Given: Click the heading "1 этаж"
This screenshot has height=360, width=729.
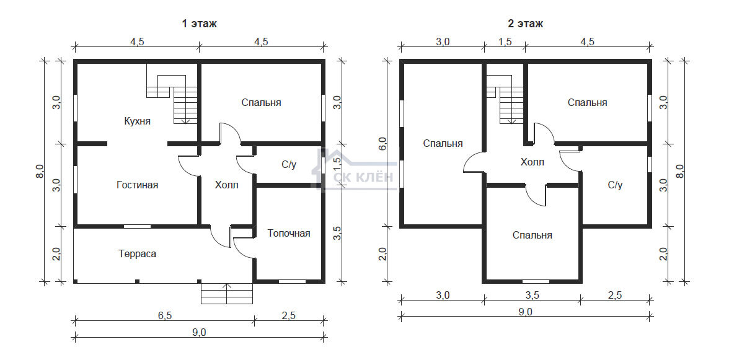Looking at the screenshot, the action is coord(199,24).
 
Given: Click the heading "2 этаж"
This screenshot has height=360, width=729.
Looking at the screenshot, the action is coord(525,24).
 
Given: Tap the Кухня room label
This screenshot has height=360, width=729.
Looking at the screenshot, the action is coord(137,121).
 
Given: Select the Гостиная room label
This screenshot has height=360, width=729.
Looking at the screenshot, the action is coord(137,185).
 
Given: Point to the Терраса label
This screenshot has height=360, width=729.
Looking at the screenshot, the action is coord(137,254).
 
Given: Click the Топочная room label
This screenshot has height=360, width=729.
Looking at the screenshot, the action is coord(289,233).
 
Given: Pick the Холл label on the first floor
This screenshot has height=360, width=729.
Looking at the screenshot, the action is coord(226,185).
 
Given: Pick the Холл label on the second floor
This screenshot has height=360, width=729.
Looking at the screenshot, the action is coord(532,162).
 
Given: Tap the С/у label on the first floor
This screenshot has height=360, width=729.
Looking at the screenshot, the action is coord(289,165).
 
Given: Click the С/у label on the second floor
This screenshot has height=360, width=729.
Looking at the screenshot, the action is coord(615,185).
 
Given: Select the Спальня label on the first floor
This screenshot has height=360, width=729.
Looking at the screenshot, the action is coord(262,103).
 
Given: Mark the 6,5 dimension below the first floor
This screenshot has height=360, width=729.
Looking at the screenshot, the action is coord(165,315).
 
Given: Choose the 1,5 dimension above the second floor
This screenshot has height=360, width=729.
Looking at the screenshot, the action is coord(505,42).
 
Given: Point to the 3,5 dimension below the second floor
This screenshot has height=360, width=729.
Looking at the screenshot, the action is coord(532,295).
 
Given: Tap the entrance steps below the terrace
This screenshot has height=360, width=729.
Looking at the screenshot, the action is coord(227,292).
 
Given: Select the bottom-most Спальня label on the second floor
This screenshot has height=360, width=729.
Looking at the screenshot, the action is coord(532,235).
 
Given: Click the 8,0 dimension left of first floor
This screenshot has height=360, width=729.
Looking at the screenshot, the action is coord(40,171).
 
